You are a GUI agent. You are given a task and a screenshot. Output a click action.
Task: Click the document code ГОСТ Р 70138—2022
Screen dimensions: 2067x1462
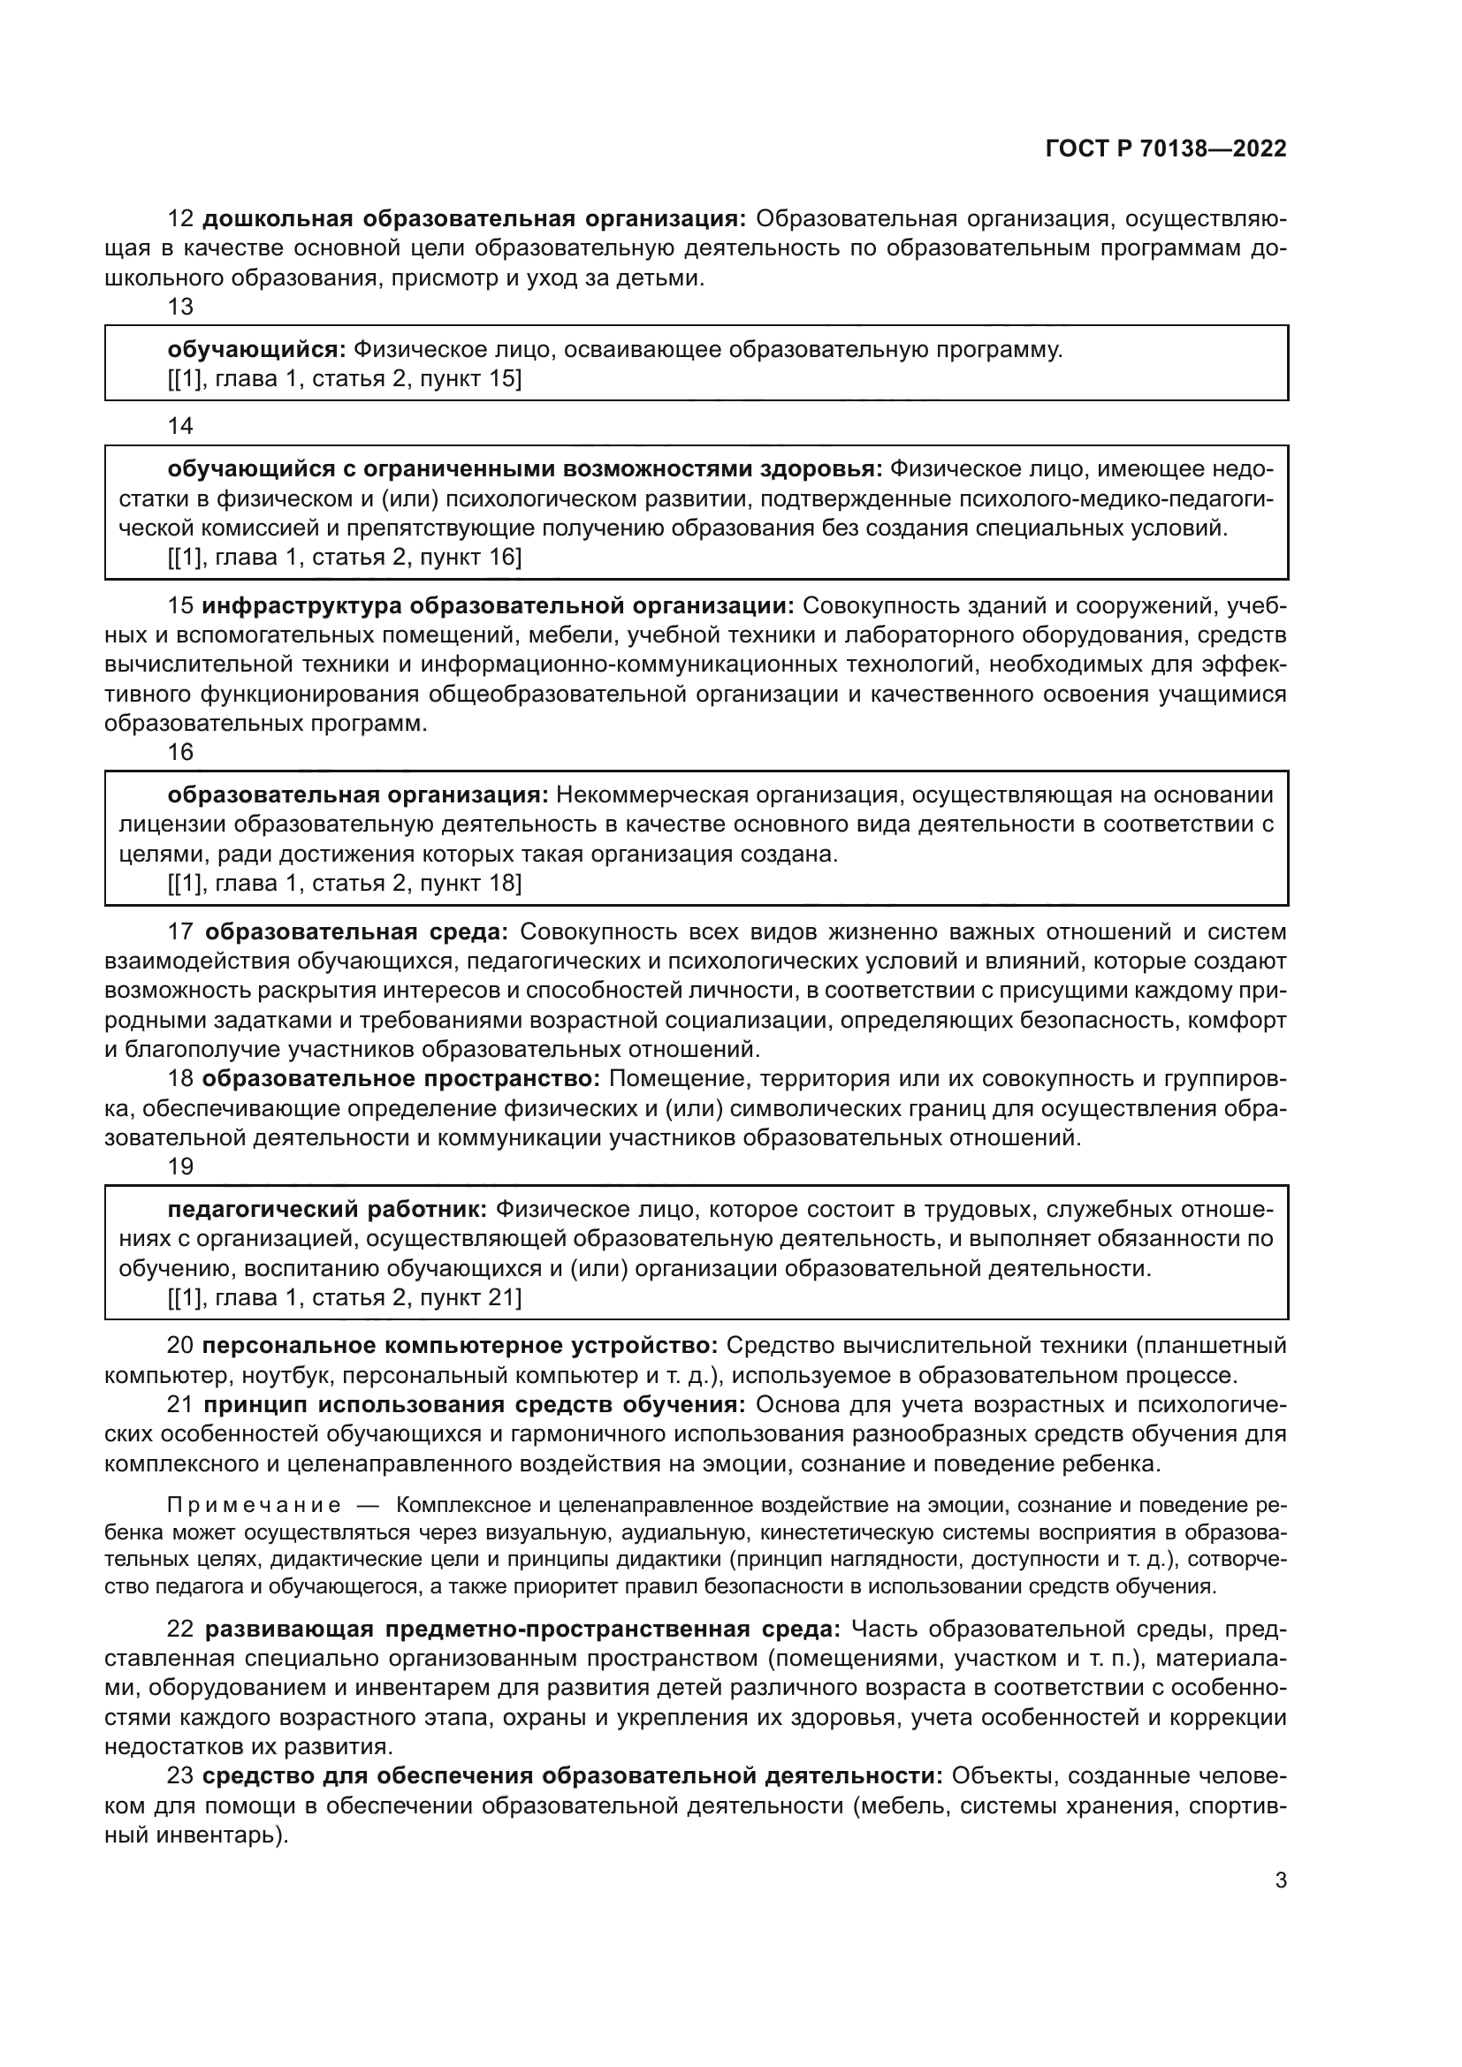click(x=1166, y=149)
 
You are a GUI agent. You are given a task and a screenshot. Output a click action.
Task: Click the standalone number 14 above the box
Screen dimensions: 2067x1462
click(x=180, y=426)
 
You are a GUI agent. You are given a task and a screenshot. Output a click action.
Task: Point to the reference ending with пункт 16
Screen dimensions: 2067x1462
click(x=345, y=558)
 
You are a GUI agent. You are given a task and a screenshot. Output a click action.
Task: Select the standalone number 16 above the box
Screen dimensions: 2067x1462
click(x=180, y=752)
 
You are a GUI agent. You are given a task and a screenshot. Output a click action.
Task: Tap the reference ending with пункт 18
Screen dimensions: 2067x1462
click(x=345, y=883)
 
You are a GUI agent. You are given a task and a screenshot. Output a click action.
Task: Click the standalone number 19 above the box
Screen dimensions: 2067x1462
click(x=180, y=1166)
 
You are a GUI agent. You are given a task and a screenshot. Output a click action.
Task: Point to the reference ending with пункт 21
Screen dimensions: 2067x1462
click(x=345, y=1297)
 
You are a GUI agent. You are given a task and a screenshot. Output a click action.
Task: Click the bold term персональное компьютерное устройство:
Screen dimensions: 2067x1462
click(x=459, y=1346)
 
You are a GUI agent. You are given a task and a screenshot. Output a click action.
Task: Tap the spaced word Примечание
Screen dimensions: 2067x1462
click(x=255, y=1506)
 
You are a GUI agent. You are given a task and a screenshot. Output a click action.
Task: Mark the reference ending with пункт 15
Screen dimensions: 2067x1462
click(x=345, y=379)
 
